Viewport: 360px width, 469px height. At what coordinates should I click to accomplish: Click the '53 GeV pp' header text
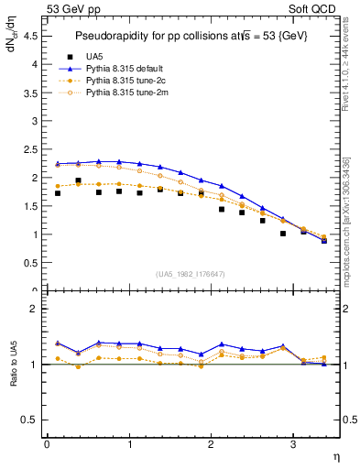pos(70,9)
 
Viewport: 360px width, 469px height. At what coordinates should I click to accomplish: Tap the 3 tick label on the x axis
pos(292,444)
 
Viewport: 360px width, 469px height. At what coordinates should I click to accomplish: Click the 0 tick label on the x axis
pos(47,444)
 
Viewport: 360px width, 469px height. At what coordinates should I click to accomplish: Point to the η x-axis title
pos(335,455)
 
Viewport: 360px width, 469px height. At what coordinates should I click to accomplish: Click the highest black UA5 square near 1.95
pos(79,181)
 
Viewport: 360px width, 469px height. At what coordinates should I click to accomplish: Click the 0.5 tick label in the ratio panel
pos(29,420)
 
